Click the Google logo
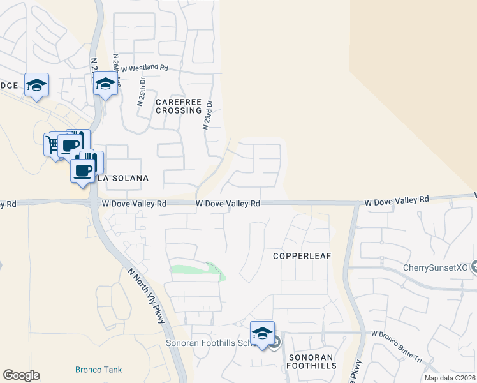[x=21, y=375]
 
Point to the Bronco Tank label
[x=98, y=370]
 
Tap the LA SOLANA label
[x=123, y=178]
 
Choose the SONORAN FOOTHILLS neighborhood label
[x=311, y=361]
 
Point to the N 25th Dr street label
[x=142, y=93]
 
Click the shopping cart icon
[x=52, y=143]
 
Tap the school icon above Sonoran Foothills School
[x=262, y=333]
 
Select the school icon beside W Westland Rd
[x=106, y=84]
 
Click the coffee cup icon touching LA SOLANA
[x=82, y=171]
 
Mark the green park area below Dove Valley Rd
[x=194, y=269]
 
